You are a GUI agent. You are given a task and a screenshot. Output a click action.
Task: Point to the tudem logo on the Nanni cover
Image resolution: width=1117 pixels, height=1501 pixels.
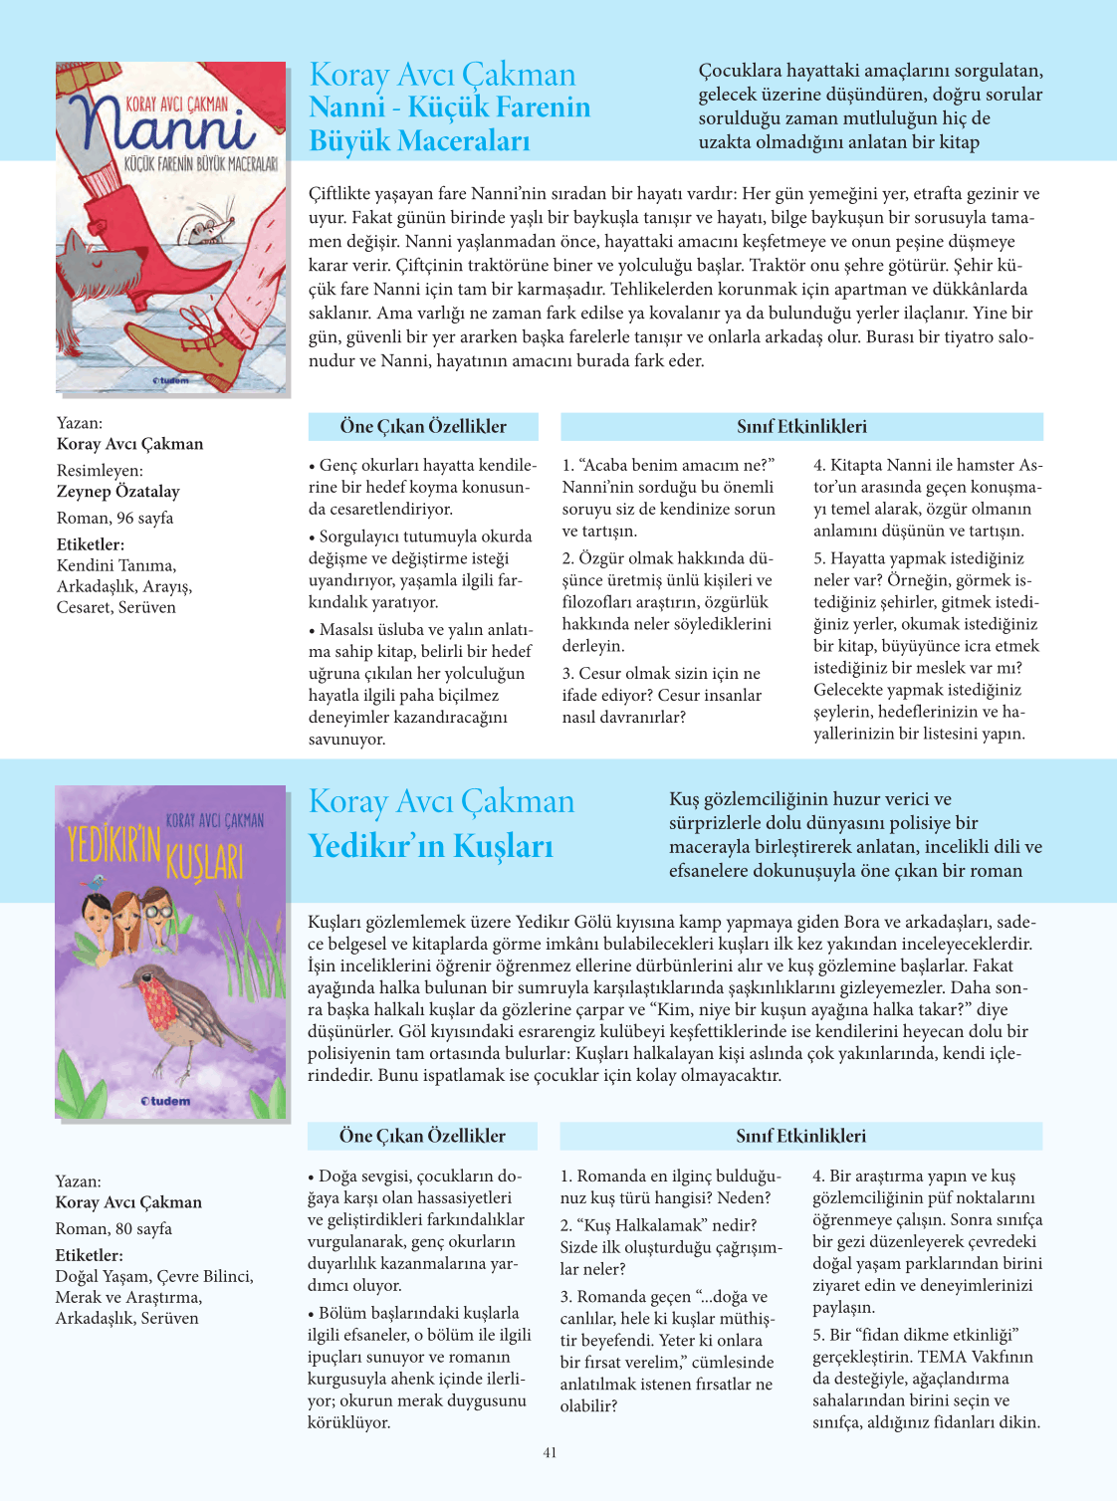click(170, 380)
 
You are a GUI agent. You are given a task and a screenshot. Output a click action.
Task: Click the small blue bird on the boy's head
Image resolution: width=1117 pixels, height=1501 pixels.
click(97, 882)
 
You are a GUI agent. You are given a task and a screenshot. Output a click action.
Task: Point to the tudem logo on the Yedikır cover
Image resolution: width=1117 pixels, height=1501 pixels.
click(165, 1101)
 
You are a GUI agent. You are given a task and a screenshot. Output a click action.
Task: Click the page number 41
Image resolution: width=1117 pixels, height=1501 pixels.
click(550, 1453)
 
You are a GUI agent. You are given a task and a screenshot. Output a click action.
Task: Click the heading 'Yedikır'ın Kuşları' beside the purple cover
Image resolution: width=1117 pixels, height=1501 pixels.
click(430, 846)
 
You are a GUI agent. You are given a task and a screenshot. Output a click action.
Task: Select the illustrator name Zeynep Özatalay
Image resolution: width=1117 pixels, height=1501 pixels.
click(117, 491)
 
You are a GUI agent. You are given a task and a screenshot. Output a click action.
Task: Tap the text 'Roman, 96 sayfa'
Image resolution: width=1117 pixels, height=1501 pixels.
click(114, 518)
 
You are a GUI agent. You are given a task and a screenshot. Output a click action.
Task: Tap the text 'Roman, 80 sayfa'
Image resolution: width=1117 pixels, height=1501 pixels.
click(113, 1228)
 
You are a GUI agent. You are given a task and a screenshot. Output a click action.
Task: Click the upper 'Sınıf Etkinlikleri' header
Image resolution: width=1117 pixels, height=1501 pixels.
click(801, 427)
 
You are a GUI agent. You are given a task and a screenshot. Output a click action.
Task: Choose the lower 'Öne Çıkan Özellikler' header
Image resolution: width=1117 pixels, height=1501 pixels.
click(422, 1136)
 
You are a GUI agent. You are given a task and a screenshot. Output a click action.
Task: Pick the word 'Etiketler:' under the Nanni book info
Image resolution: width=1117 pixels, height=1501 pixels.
click(91, 544)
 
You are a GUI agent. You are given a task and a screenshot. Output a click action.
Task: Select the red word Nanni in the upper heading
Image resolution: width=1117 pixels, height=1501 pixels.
click(346, 107)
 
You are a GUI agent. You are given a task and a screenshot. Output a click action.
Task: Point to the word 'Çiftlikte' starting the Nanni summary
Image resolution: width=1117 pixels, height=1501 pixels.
click(341, 193)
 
